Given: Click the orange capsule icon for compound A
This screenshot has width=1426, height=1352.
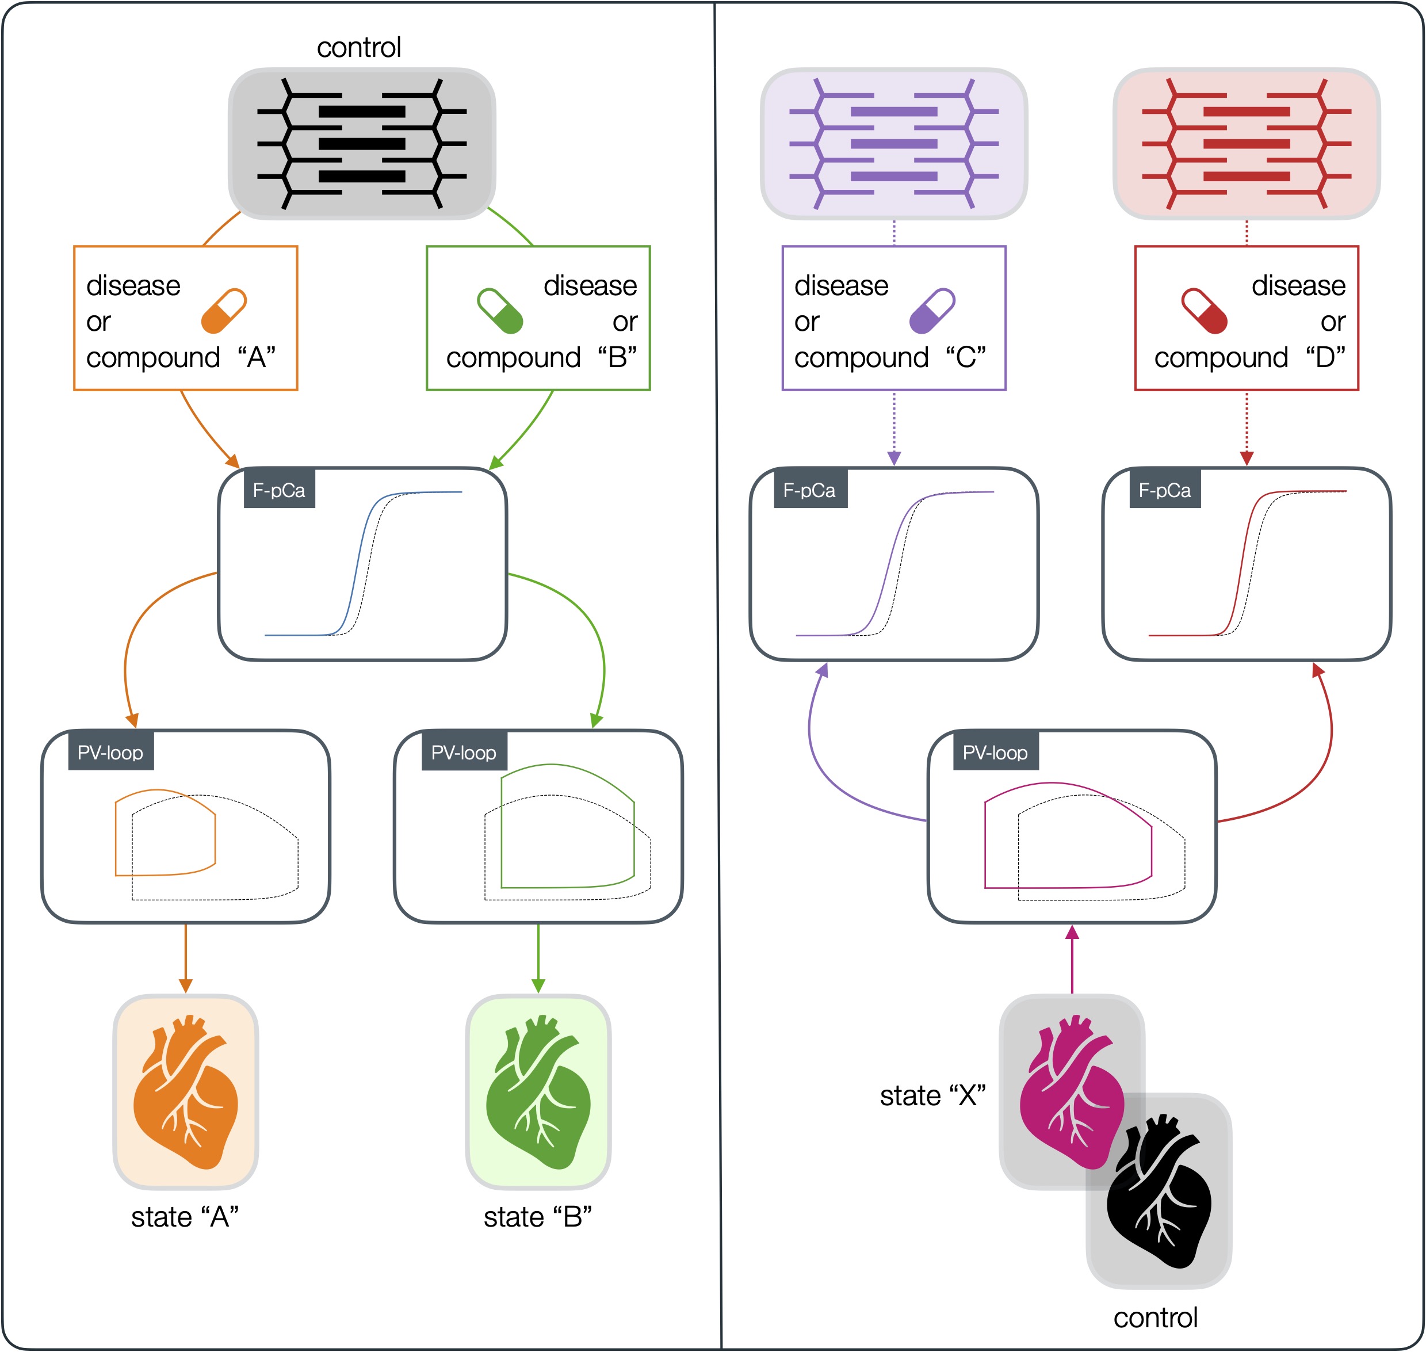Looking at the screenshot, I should click(223, 311).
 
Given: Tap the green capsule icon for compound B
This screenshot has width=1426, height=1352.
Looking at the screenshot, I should click(500, 311).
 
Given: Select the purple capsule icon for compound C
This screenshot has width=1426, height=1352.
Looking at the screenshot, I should click(932, 311).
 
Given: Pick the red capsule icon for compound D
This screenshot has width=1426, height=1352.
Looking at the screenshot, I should click(1204, 311).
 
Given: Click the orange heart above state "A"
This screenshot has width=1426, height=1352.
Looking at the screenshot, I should click(185, 1091).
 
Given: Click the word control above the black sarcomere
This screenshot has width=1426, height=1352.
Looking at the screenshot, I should click(359, 48).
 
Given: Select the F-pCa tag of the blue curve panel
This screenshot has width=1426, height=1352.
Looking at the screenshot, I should click(279, 491).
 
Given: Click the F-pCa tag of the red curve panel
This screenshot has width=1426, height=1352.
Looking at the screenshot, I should click(1164, 491).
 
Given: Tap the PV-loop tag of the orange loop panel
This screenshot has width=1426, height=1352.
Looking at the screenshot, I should click(110, 753).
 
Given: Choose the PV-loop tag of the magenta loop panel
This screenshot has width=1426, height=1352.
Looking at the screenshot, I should click(995, 753).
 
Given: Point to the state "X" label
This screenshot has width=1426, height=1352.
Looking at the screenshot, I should click(932, 1095).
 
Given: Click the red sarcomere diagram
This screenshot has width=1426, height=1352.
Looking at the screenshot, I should click(1246, 143).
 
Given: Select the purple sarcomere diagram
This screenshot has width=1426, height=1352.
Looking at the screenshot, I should click(893, 143).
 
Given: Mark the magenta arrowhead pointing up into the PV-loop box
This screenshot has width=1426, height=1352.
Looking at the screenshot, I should click(1072, 933).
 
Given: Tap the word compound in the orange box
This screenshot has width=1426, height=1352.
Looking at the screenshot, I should click(153, 357).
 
